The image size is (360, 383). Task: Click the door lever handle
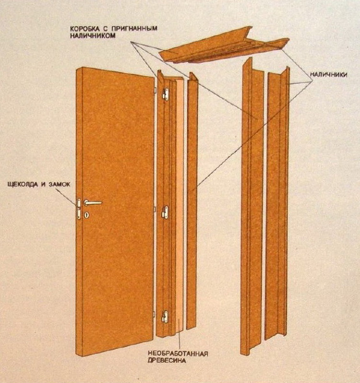pyautogui.click(x=92, y=203)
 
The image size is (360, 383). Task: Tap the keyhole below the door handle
pyautogui.click(x=87, y=215)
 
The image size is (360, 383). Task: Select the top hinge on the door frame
pyautogui.click(x=166, y=94)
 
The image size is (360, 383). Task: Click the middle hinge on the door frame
pyautogui.click(x=165, y=212)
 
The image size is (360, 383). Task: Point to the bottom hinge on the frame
pyautogui.click(x=165, y=317)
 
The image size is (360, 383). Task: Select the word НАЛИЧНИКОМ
pyautogui.click(x=93, y=35)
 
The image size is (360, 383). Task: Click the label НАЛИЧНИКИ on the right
pyautogui.click(x=328, y=75)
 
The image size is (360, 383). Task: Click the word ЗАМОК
pyautogui.click(x=59, y=184)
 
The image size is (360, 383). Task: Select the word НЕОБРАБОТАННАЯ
pyautogui.click(x=178, y=354)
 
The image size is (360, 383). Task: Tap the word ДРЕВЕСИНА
pyautogui.click(x=167, y=360)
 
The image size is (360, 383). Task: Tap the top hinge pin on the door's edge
pyautogui.click(x=155, y=90)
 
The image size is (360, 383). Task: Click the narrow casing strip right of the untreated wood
pyautogui.click(x=192, y=201)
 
